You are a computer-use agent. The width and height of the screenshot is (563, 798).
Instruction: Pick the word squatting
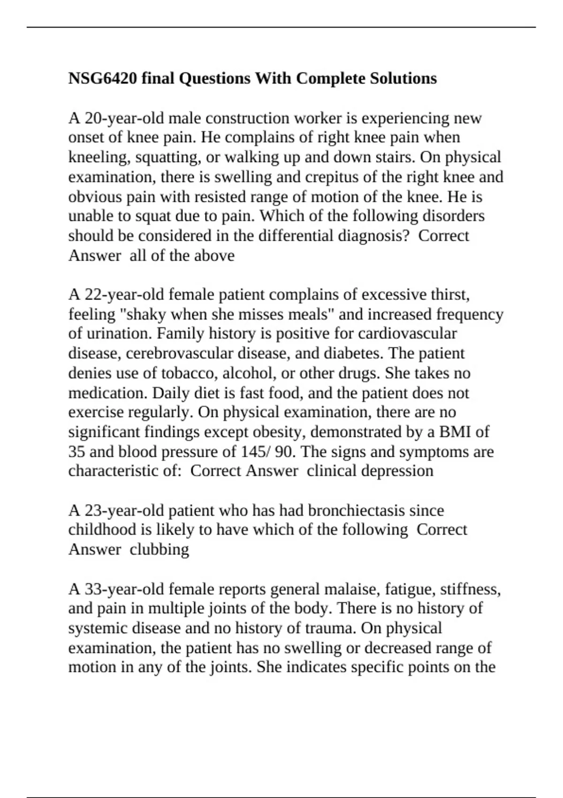[x=168, y=157]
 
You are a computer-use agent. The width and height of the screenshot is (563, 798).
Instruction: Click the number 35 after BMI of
[x=76, y=452]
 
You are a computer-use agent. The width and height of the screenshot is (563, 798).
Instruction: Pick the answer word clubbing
[x=160, y=549]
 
